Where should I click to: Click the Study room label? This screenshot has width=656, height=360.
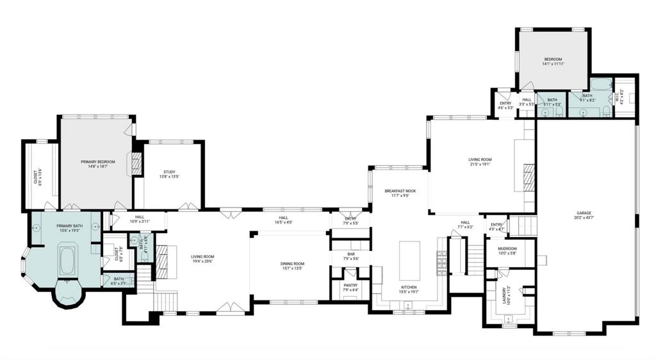[169, 172]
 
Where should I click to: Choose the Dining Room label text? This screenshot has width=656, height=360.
[291, 263]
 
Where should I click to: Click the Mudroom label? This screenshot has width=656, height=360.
[507, 249]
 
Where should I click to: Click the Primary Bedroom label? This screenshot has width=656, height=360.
[97, 162]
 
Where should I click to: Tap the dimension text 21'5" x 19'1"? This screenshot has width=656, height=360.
[479, 163]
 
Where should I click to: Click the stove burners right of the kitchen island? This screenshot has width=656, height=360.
[441, 260]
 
